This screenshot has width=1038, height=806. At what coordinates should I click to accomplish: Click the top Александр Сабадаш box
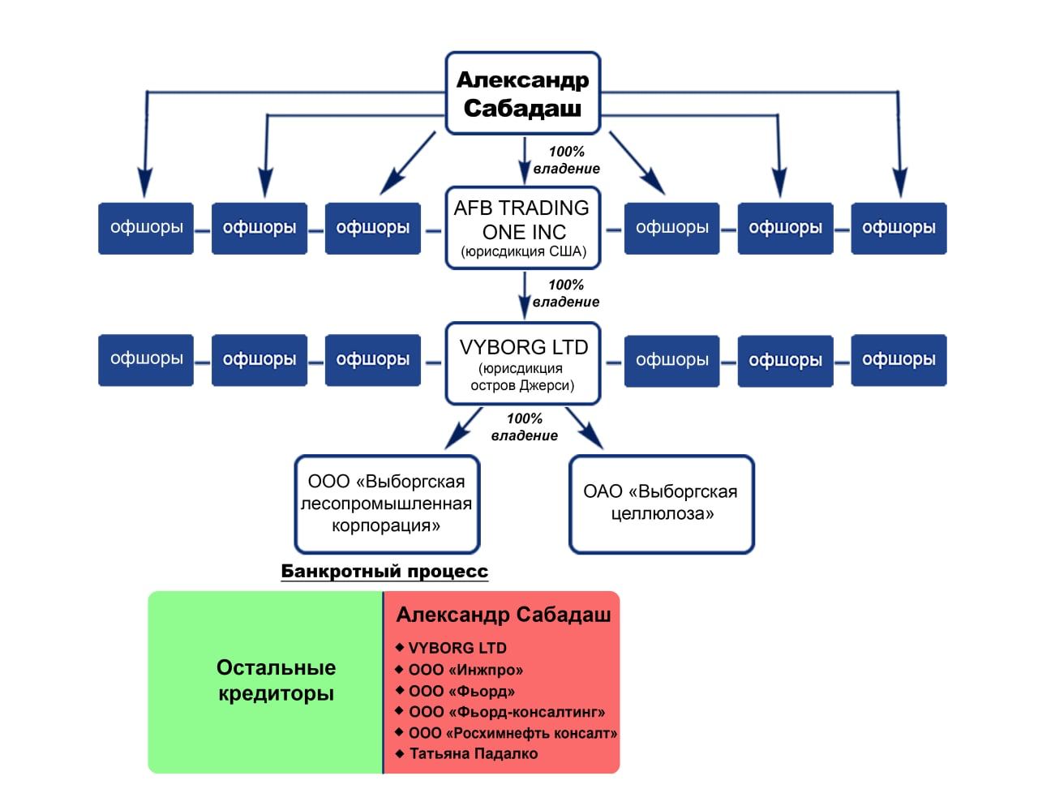coord(522,93)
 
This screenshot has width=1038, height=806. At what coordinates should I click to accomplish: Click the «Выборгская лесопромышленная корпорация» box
coord(386,504)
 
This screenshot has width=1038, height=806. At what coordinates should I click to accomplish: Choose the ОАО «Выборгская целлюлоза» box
coord(662,504)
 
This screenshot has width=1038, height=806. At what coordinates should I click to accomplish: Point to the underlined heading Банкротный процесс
coord(384,572)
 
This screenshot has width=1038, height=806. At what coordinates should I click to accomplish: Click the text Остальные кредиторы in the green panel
coord(276,680)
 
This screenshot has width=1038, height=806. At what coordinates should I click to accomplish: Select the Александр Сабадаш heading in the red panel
coord(503,615)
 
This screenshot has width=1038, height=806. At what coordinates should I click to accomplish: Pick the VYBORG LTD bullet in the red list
coord(457,648)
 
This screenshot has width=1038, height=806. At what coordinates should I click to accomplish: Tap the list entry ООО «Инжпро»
coord(465,670)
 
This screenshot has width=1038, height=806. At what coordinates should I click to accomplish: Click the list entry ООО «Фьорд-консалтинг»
coord(507,712)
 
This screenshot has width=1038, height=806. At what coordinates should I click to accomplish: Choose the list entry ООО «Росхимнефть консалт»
coord(513,733)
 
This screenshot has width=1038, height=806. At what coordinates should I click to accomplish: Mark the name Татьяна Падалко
coord(474,754)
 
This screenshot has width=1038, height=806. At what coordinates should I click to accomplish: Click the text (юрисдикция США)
coord(523,251)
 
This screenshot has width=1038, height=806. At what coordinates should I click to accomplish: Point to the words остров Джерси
coord(522,386)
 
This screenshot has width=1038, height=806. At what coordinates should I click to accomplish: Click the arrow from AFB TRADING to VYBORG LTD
coord(525,295)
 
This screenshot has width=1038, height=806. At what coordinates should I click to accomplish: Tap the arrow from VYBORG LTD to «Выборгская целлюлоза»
coord(585,427)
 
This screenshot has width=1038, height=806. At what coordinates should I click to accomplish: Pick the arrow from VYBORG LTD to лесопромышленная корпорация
coord(464,428)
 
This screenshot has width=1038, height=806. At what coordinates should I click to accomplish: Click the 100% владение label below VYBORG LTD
coord(525,427)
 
